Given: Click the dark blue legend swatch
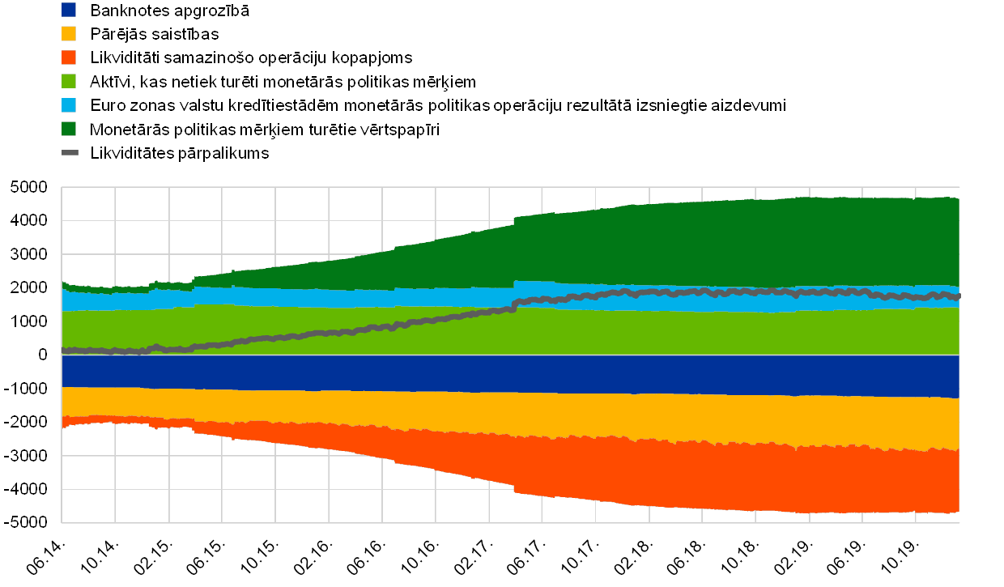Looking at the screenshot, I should click(x=70, y=11).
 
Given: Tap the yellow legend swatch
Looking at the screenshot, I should click(x=70, y=34).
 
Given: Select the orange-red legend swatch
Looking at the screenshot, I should click(x=70, y=57).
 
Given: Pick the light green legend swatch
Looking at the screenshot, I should click(x=70, y=81).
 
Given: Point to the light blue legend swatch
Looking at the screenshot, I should click(x=70, y=105).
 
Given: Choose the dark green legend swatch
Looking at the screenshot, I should click(x=70, y=129).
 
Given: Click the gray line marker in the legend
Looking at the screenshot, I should click(x=70, y=152).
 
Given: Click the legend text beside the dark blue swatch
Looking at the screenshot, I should click(x=171, y=11).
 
